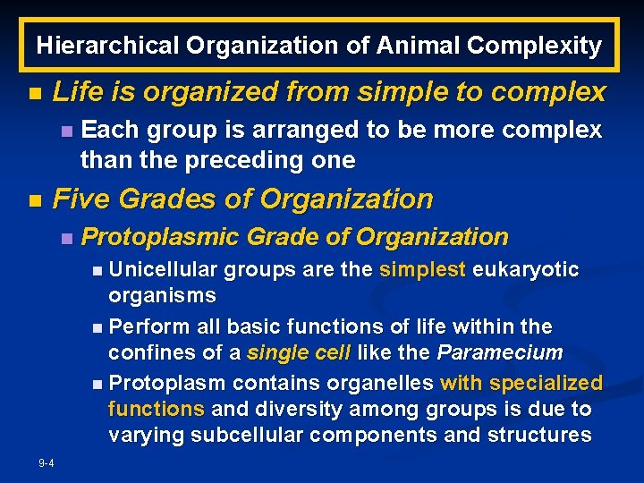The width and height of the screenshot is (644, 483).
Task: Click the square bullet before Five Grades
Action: coord(34,200)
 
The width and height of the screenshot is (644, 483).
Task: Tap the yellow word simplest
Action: coord(423,270)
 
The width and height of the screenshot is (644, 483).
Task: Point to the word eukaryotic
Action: coord(526,270)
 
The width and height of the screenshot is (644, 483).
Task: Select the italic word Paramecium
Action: coord(500,352)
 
